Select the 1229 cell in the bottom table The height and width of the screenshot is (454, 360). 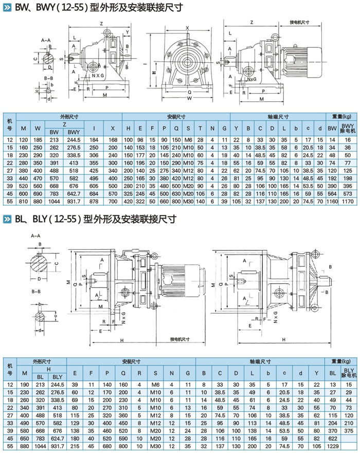[x=333, y=447]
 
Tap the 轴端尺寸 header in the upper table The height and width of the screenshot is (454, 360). [x=278, y=116]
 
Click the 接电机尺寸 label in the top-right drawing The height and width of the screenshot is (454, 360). [x=299, y=23]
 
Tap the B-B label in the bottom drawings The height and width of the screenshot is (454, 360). [x=36, y=292]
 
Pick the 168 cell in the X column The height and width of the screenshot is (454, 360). [x=113, y=140]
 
